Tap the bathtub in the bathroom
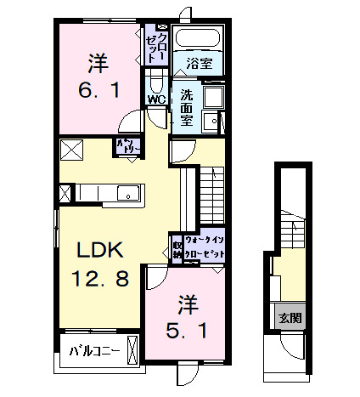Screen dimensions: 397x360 [196, 38]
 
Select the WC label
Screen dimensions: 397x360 [156, 99]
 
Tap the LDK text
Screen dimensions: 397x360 [101, 251]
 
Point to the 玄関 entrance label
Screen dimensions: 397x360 [288, 319]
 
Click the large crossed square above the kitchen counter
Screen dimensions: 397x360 [70, 151]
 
